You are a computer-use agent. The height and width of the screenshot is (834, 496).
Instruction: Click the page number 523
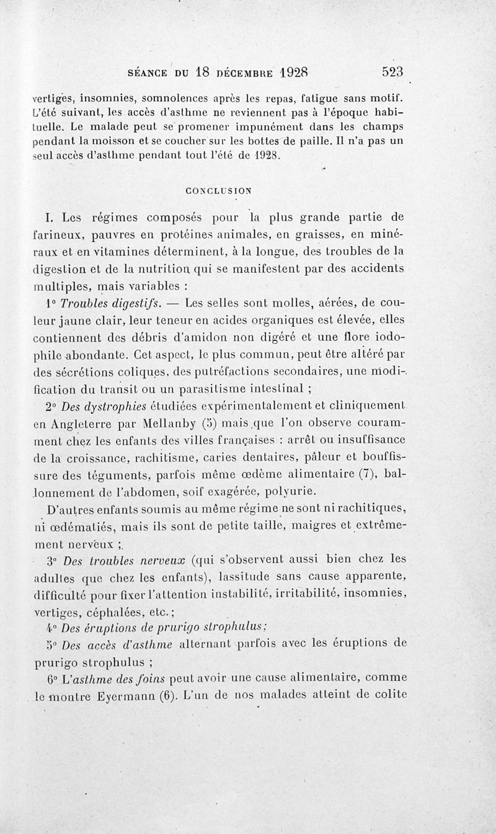[392, 71]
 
